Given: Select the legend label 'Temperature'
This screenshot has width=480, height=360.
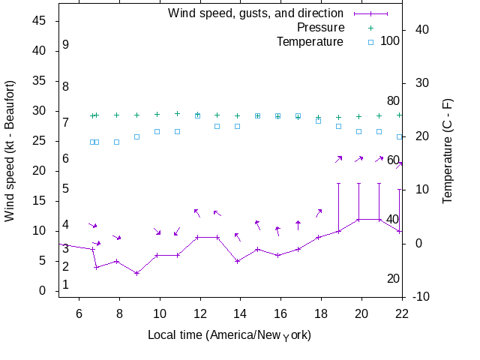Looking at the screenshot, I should tap(310, 41).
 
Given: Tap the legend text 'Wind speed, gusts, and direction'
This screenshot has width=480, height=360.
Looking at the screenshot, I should tap(255, 13).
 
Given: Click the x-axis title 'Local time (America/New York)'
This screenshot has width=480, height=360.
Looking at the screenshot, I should tap(229, 334).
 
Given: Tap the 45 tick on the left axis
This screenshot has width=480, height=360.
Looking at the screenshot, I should tap(39, 21).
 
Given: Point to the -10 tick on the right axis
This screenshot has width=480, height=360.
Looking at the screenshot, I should tap(421, 297).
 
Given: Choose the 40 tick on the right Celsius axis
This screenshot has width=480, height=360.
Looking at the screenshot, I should tap(421, 29).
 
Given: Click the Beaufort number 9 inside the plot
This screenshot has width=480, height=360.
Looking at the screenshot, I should tap(66, 45).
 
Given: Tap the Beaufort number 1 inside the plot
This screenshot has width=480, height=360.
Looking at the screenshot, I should tap(66, 284).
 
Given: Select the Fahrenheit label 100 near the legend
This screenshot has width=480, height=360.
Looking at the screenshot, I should tap(390, 40).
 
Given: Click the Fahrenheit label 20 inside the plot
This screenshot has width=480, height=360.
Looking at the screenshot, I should tap(393, 278).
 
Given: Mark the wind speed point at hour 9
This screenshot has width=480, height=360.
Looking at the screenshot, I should tap(136, 273).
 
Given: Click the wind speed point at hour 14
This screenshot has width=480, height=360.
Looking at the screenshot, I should tap(237, 261).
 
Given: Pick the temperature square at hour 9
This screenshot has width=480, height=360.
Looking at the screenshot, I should tap(136, 136).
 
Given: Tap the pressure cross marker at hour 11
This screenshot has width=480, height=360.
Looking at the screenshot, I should tap(177, 114).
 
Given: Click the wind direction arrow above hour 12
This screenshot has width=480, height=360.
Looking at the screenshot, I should tap(196, 212).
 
